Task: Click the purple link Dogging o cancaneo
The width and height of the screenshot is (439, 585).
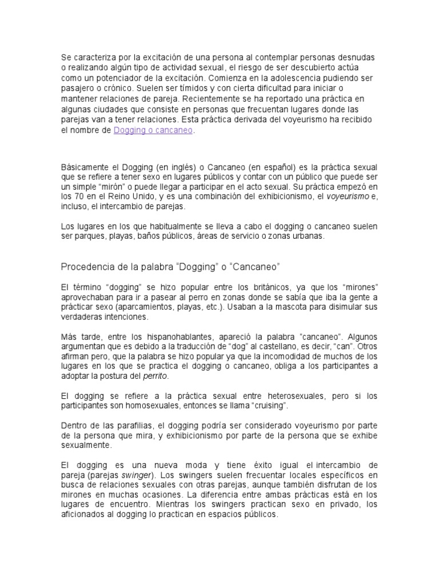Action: point(154,130)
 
